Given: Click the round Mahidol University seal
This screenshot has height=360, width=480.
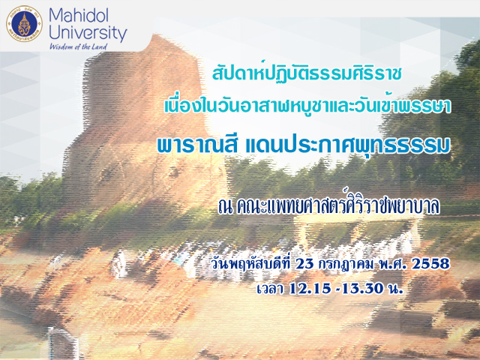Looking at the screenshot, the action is click(24, 24).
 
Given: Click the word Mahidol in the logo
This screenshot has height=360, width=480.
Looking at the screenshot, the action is click(78, 15).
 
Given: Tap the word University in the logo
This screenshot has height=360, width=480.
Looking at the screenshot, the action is click(88, 33).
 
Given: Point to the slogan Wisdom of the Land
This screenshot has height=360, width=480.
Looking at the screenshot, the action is click(78, 46).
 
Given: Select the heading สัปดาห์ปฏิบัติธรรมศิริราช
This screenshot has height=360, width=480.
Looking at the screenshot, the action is click(307, 73).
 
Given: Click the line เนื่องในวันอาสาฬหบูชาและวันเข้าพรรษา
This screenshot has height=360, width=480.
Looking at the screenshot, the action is click(307, 106).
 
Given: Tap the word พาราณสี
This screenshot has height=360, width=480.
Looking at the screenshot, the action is click(197, 145).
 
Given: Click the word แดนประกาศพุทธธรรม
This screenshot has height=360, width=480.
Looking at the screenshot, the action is click(348, 145).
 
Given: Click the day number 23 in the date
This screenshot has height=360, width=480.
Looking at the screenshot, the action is click(304, 264).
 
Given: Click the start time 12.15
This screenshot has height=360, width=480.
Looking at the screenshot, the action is click(310, 289).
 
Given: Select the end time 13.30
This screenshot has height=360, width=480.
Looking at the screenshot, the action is click(362, 289).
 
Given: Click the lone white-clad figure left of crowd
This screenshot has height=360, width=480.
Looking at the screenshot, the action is click(119, 264).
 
